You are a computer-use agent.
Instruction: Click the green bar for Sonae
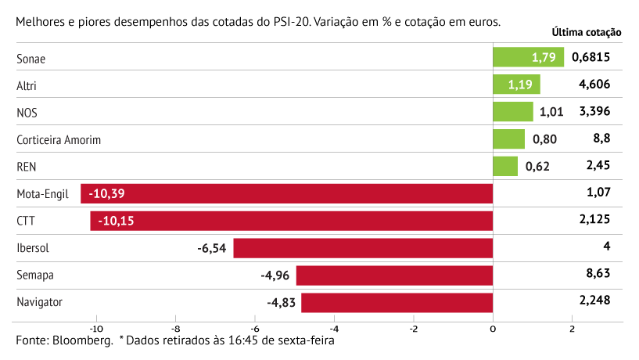pos(528,57)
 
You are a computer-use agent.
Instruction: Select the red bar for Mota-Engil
pos(286,193)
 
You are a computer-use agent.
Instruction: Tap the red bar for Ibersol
pos(363,248)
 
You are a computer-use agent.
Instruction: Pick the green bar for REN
pos(505,166)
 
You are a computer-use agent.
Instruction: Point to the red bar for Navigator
pos(397,302)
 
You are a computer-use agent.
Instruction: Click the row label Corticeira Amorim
pos(59,139)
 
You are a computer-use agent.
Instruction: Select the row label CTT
pos(26,221)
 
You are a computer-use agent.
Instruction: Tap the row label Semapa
pos(35,275)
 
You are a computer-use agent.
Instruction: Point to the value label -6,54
pos(212,248)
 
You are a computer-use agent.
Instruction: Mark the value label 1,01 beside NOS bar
pos(551,112)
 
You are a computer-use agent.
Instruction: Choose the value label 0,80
pos(544,139)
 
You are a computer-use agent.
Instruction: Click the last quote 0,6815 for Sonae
pos(591,57)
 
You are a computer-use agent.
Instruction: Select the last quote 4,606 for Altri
pos(594,85)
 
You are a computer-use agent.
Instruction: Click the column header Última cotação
pos(587,33)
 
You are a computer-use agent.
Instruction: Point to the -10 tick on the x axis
pos(96,329)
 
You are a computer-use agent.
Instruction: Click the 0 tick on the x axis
pos(493,329)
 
